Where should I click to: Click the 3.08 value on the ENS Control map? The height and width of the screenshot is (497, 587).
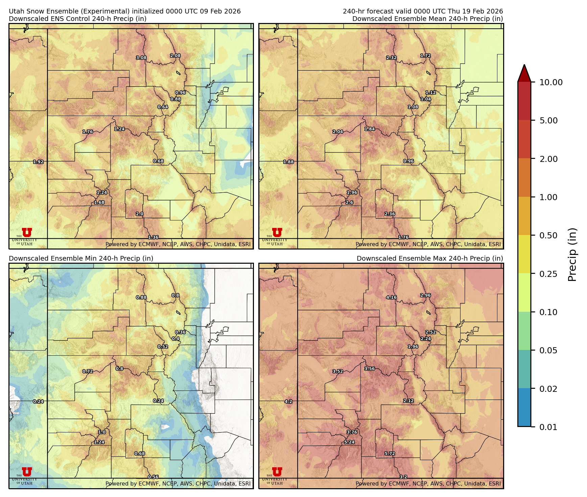tap(141, 58)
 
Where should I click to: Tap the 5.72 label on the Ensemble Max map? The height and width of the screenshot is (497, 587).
tap(390, 454)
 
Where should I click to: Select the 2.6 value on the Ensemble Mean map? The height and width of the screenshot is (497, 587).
tap(349, 203)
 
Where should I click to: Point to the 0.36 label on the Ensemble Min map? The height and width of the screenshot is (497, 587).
tap(180, 332)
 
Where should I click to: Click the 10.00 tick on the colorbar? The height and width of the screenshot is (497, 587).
tap(551, 82)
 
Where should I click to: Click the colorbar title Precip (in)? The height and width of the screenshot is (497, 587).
tap(572, 255)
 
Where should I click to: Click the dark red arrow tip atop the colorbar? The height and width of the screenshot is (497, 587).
tap(524, 72)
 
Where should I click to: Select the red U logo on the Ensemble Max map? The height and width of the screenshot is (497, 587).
tap(277, 472)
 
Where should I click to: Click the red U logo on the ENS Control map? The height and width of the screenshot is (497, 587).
tap(27, 233)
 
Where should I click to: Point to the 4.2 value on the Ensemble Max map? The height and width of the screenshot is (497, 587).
tap(288, 402)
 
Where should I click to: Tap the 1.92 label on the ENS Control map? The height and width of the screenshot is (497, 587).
tap(38, 162)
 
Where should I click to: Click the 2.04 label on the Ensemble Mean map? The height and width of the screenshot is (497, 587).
tap(338, 132)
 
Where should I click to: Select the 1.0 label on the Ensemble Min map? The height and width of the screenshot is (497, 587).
tap(102, 432)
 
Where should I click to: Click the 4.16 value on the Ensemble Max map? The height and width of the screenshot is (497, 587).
tap(391, 298)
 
